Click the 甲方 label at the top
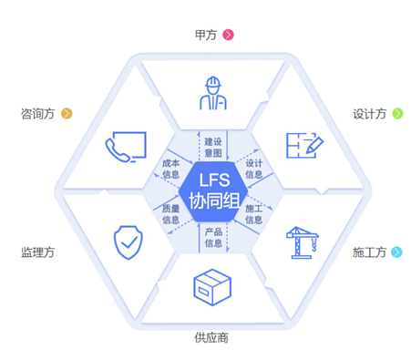205,35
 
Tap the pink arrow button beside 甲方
229,35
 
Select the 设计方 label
370,114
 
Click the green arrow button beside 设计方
396,114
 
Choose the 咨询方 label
37,114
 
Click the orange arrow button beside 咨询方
66,114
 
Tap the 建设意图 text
213,147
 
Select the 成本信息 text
171,169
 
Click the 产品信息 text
213,237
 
